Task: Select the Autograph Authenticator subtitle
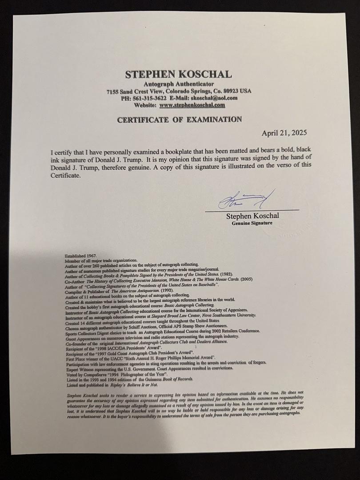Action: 178,84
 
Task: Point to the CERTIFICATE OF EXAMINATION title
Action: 179,120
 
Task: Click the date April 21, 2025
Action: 284,133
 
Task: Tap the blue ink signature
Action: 245,201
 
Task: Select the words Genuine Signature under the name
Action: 252,223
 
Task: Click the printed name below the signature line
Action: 252,216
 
